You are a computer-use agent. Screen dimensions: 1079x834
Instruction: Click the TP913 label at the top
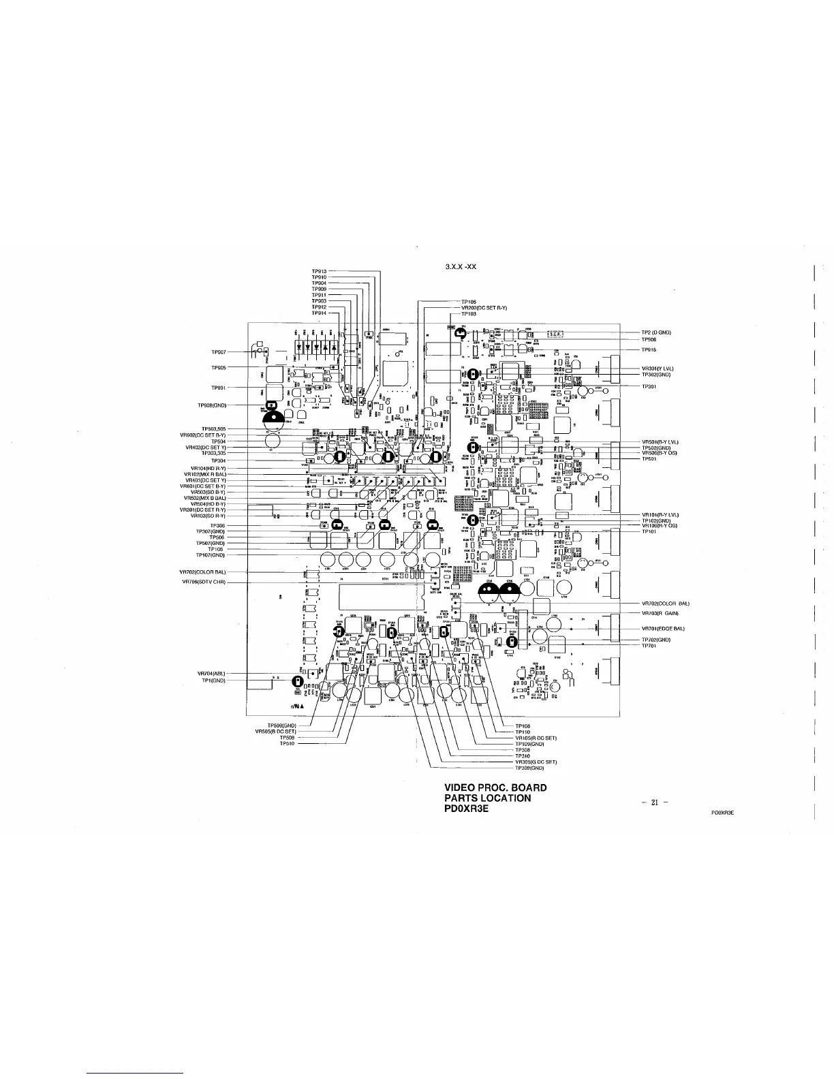point(320,272)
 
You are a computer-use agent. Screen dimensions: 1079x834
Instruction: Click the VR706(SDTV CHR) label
point(204,582)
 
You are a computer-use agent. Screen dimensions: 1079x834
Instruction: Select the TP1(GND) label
point(213,681)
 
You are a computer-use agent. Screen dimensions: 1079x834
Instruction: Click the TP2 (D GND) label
point(657,332)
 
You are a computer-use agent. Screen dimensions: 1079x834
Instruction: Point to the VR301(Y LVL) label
point(658,369)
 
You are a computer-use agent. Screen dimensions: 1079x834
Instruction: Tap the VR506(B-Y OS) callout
point(659,453)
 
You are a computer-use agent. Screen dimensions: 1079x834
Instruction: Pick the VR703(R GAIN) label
point(660,614)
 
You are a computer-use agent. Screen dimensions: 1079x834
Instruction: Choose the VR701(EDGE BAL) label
point(663,628)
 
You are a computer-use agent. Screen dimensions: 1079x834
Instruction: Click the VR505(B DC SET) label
point(275,732)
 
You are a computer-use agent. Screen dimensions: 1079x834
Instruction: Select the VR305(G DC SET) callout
point(537,762)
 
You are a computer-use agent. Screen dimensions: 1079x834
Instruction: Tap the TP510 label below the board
point(287,744)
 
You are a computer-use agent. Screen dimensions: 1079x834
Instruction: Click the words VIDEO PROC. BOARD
point(495,788)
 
